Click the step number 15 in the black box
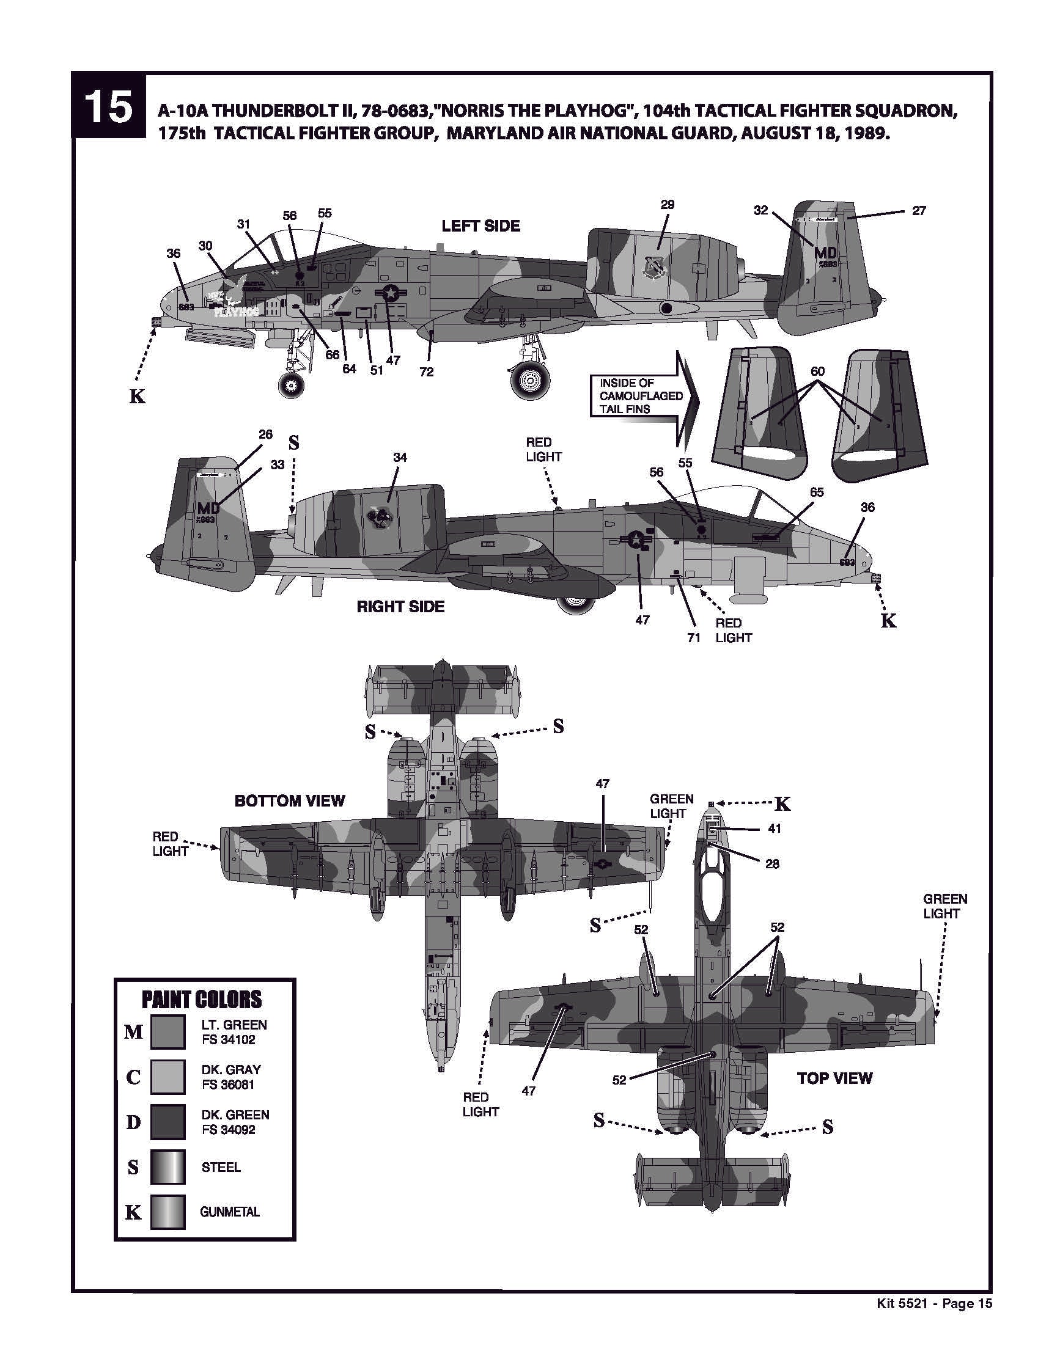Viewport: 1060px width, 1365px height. pyautogui.click(x=108, y=106)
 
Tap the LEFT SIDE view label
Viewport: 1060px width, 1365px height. pyautogui.click(x=480, y=225)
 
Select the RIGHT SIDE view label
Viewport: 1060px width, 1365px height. pyautogui.click(x=400, y=606)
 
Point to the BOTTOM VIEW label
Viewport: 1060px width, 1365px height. pyautogui.click(x=290, y=800)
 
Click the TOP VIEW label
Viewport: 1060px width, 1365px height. pyautogui.click(x=834, y=1077)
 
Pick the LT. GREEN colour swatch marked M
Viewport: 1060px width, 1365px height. pyautogui.click(x=167, y=1031)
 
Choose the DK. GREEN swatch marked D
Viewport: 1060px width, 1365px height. pyautogui.click(x=167, y=1121)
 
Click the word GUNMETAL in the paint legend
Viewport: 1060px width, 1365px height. pyautogui.click(x=229, y=1212)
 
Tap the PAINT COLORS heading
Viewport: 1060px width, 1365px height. pyautogui.click(x=201, y=1000)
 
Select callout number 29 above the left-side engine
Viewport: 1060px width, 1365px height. pyautogui.click(x=668, y=205)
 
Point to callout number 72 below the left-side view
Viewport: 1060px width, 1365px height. pyautogui.click(x=426, y=372)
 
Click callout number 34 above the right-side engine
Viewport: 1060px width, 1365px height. pyautogui.click(x=400, y=458)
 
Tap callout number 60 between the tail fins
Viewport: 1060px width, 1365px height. pyautogui.click(x=817, y=371)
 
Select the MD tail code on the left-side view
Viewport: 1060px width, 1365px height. pyautogui.click(x=825, y=252)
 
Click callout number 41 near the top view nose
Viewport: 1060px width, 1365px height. pyautogui.click(x=774, y=828)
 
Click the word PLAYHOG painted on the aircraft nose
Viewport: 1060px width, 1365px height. pyautogui.click(x=236, y=310)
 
